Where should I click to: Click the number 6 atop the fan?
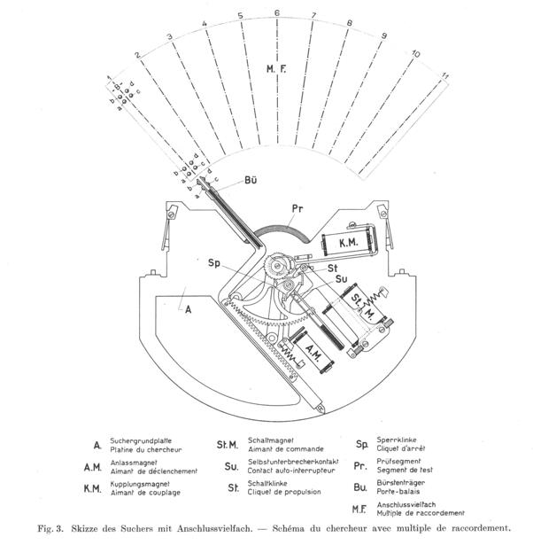(x=277, y=14)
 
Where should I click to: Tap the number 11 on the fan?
(x=446, y=78)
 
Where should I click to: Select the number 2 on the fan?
(x=137, y=55)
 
